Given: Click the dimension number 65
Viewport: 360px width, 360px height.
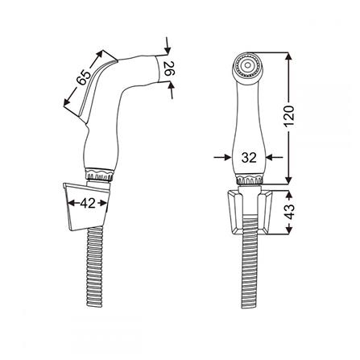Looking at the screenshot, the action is (84, 77).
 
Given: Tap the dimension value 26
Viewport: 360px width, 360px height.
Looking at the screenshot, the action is (169, 68).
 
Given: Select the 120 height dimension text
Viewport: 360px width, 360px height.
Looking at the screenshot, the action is (289, 117).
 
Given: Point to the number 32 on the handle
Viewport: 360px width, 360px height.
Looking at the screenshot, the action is (249, 158).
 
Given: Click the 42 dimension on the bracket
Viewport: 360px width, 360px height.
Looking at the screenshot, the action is (88, 203).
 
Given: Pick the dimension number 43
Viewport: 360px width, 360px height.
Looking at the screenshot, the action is (289, 212).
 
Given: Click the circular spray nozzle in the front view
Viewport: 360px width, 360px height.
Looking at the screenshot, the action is (247, 65).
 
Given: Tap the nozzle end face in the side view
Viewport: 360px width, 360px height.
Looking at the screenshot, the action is (161, 68).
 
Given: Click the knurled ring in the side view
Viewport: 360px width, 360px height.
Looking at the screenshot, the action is (99, 174).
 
